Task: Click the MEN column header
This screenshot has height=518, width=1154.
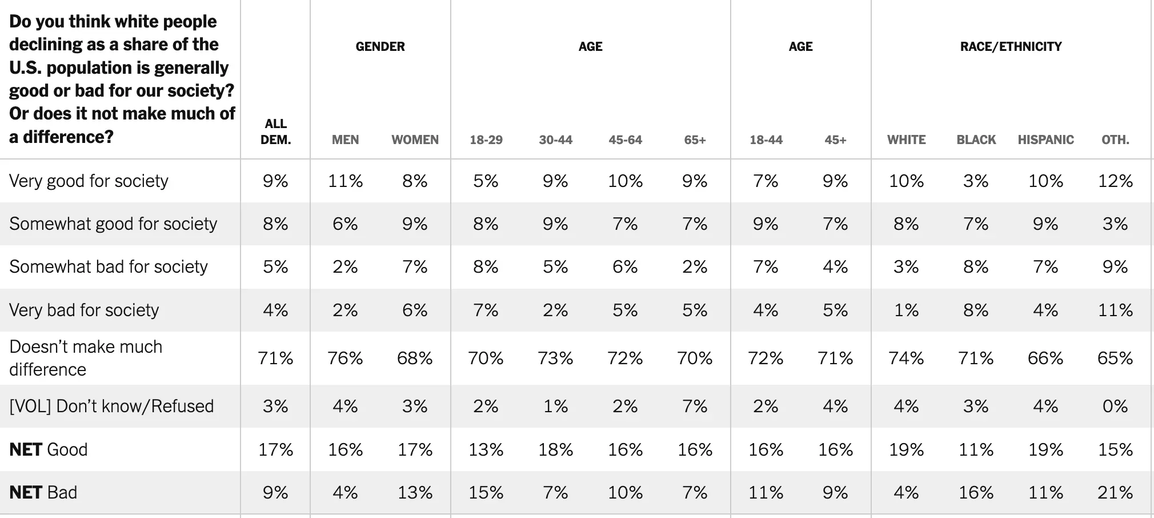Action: (345, 140)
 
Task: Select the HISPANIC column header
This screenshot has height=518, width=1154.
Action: (1045, 140)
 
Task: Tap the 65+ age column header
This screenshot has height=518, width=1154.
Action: (695, 140)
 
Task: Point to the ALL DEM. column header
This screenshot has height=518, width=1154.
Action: (275, 132)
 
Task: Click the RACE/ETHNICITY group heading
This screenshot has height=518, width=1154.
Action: (1011, 46)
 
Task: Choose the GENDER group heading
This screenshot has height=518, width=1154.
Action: (380, 46)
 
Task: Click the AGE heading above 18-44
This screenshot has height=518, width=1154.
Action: (800, 46)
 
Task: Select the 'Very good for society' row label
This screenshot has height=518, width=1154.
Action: (89, 181)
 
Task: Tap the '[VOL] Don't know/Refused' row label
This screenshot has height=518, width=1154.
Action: (111, 406)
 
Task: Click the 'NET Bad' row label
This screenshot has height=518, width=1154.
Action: (43, 492)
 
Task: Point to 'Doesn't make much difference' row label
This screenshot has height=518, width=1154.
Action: (86, 358)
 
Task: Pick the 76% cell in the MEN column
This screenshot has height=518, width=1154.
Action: (345, 358)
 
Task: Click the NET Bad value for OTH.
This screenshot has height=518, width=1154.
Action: (1115, 492)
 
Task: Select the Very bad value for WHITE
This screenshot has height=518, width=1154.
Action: (906, 310)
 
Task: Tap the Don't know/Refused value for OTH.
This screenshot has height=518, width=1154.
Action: (1115, 406)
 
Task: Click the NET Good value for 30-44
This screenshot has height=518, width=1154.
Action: (555, 449)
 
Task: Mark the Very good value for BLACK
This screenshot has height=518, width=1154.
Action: (976, 181)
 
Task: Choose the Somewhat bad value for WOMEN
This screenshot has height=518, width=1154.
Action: (415, 266)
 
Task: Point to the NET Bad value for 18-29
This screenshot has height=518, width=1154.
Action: (486, 492)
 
